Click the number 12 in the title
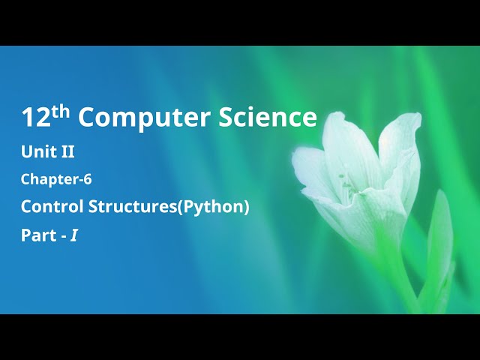(34, 118)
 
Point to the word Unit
(37, 152)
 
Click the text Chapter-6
(56, 179)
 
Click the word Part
(37, 235)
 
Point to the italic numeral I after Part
(74, 235)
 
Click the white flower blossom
(360, 172)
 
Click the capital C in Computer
(86, 118)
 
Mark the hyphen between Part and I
(63, 236)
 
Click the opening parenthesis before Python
(178, 207)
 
